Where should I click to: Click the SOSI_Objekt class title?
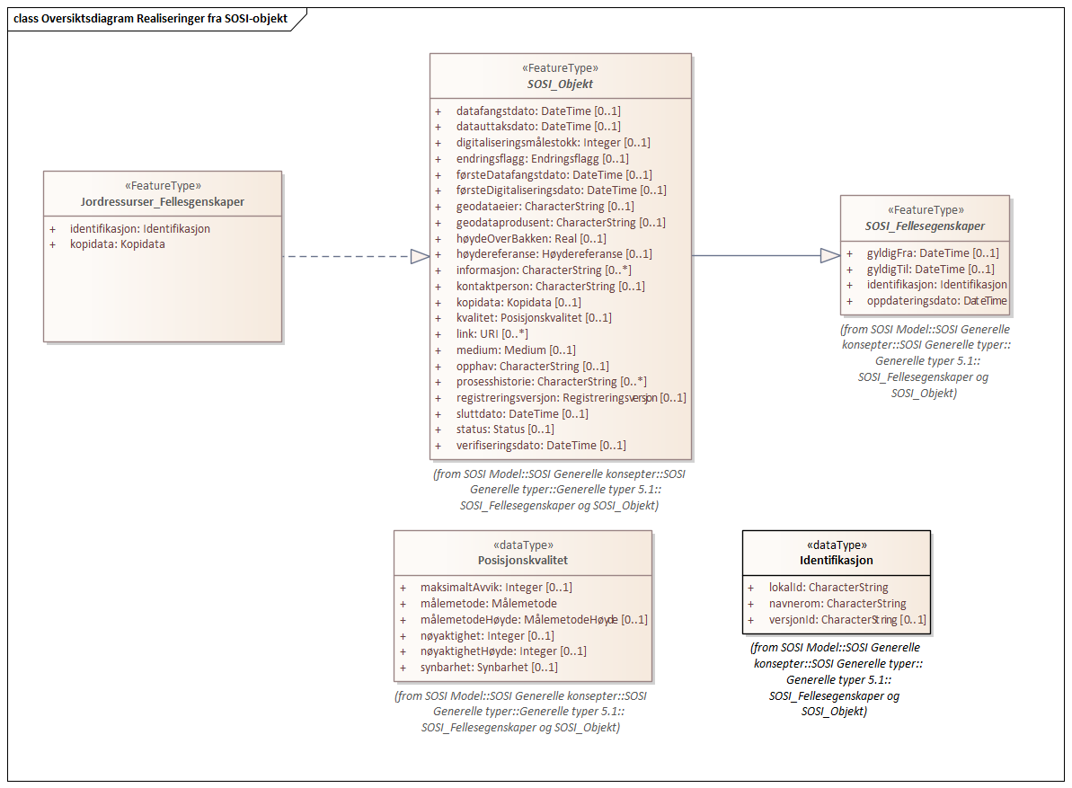(560, 84)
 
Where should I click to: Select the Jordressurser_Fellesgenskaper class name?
(163, 202)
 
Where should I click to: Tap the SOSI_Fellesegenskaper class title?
(925, 226)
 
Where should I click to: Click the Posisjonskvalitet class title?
(523, 561)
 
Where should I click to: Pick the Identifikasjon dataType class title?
(837, 561)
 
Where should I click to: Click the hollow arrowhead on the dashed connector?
(419, 257)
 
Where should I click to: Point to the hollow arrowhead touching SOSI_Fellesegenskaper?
(829, 256)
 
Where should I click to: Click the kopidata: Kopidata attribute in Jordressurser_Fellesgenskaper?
(117, 244)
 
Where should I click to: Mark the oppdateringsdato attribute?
(936, 301)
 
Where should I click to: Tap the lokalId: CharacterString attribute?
(828, 588)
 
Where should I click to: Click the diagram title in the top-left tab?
(151, 19)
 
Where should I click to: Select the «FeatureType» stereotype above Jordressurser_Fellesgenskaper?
(163, 186)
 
